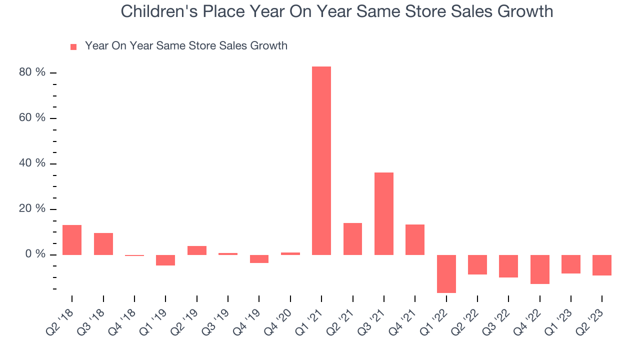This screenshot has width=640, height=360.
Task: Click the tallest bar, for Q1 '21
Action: click(x=321, y=160)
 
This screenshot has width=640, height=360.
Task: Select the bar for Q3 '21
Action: click(x=384, y=213)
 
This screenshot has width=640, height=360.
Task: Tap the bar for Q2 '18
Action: click(x=72, y=240)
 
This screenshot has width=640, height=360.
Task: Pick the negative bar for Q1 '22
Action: click(x=446, y=273)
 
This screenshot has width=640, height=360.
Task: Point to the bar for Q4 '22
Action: click(x=540, y=269)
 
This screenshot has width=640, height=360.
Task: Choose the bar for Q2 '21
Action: click(x=352, y=238)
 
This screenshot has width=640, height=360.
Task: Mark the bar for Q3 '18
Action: click(x=103, y=244)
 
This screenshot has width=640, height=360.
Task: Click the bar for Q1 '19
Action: click(x=165, y=260)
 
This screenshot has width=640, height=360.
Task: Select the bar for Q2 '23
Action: click(x=602, y=265)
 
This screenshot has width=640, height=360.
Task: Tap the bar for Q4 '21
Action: click(x=415, y=239)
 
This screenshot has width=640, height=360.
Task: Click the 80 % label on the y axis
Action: click(x=32, y=72)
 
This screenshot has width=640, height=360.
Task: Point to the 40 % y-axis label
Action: click(x=32, y=163)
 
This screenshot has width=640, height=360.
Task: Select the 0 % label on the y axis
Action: click(x=35, y=254)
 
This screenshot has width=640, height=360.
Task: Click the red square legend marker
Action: click(x=73, y=46)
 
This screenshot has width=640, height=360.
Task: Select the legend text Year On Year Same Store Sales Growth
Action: click(x=186, y=46)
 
